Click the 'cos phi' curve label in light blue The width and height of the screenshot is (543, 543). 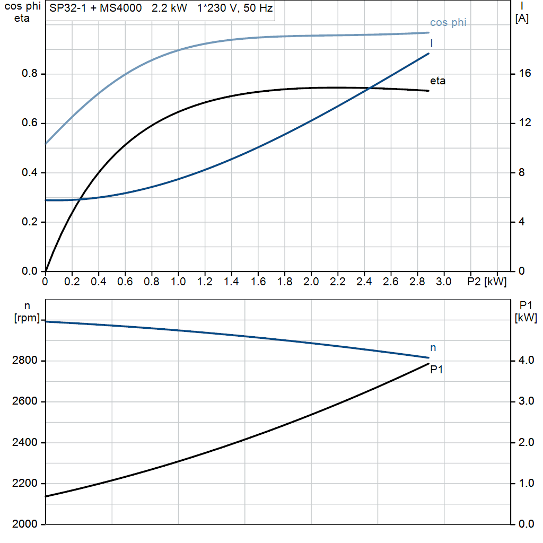point(448,23)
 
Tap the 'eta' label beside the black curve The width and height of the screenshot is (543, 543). point(437,81)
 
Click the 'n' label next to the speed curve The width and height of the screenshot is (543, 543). point(433,348)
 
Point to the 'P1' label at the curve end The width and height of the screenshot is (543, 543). point(436,370)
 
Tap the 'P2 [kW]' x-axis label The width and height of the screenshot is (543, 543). point(487,282)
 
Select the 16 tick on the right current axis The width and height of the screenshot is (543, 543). point(525,74)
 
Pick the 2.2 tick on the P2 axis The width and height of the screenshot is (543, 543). point(337,282)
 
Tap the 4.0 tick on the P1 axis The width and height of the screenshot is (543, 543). point(525,361)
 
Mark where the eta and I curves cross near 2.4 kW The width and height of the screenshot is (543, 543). point(368,88)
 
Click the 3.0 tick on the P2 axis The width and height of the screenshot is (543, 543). point(443,282)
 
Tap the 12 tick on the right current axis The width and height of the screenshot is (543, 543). point(525,123)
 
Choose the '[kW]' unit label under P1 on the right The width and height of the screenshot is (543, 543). point(526,318)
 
